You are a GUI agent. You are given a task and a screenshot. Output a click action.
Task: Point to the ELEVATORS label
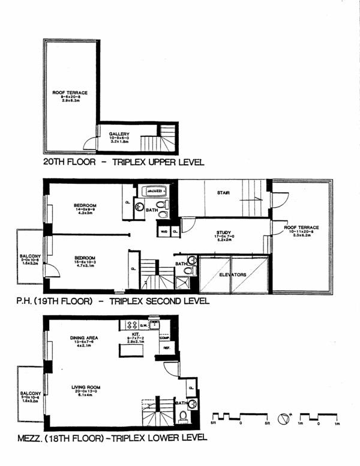(x=231, y=274)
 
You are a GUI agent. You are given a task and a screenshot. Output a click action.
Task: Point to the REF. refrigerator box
(x=165, y=348)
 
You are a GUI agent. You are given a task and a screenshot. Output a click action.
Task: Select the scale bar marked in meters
(x=319, y=417)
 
